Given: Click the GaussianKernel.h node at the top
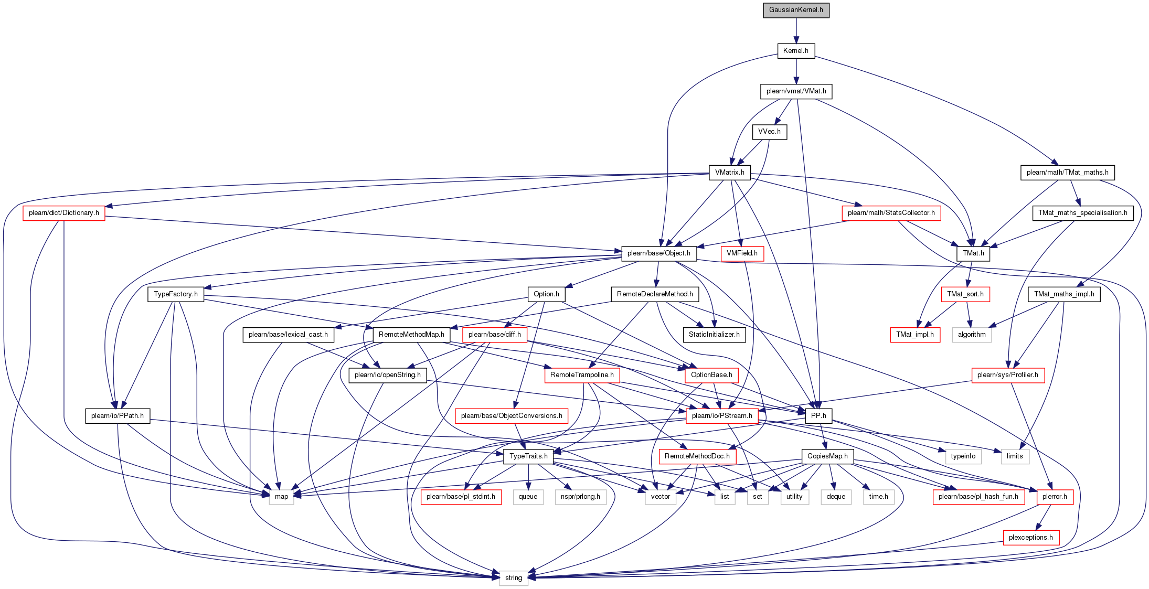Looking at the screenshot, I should click(796, 10).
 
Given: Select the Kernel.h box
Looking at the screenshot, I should click(796, 51).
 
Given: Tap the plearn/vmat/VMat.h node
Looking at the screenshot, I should click(796, 91).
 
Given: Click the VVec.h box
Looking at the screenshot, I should click(769, 132).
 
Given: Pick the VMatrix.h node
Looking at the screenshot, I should click(729, 173).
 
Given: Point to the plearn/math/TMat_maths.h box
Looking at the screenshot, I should click(1067, 173).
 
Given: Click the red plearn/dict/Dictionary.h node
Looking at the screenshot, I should click(63, 213).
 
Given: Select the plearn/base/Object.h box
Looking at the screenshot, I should click(658, 253).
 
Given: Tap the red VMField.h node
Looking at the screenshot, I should click(742, 253).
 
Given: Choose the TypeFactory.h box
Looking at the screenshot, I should click(176, 294).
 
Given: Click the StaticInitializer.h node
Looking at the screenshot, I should click(714, 335).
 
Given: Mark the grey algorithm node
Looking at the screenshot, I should click(972, 335).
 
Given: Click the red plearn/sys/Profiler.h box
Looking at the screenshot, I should click(1007, 375).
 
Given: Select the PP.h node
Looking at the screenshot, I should click(818, 416).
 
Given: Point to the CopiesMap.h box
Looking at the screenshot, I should click(827, 456).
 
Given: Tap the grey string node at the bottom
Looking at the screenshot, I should click(514, 578).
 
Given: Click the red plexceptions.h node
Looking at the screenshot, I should click(1030, 538).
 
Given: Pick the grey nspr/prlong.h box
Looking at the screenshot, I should click(580, 497).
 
